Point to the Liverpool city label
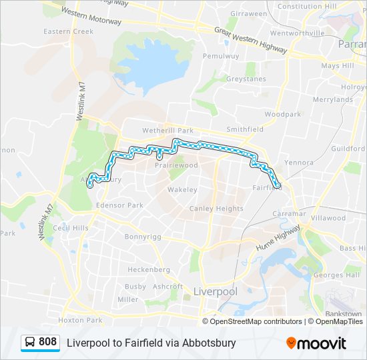pyautogui.click(x=215, y=292)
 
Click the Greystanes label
pyautogui.click(x=247, y=79)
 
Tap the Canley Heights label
pyautogui.click(x=216, y=209)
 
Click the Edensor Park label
pyautogui.click(x=119, y=205)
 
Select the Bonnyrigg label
pyautogui.click(x=143, y=236)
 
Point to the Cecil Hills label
pyautogui.click(x=71, y=228)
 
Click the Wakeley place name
pyautogui.click(x=182, y=189)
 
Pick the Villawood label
pyautogui.click(x=328, y=218)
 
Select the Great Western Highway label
pyautogui.click(x=250, y=40)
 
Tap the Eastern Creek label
pyautogui.click(x=69, y=31)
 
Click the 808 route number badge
pyautogui.click(x=47, y=342)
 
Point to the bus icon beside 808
pyautogui.click(x=30, y=343)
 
